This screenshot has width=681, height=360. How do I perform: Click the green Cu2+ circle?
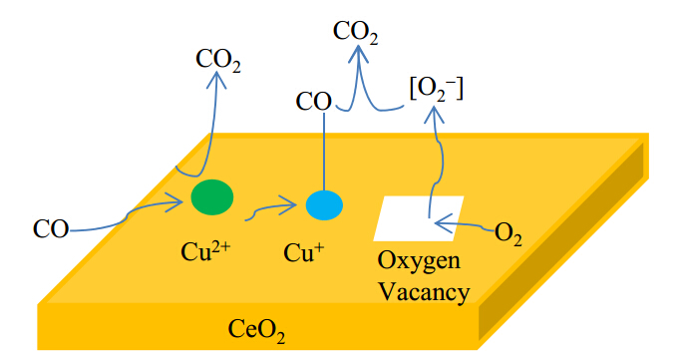(212, 197)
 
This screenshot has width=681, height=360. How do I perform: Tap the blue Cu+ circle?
(324, 205)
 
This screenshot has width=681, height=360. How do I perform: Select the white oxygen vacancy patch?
(419, 218)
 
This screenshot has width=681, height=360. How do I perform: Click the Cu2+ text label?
(205, 250)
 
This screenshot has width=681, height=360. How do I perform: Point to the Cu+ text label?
(303, 252)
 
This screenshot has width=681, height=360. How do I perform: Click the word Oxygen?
(419, 262)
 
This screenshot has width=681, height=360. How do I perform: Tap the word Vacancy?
(425, 291)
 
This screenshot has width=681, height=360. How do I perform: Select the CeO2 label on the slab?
(256, 330)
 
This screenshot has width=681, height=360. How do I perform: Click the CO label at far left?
(51, 228)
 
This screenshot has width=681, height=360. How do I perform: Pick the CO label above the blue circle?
(313, 102)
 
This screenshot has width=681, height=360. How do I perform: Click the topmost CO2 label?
(355, 33)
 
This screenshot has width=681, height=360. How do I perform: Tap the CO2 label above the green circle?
(218, 60)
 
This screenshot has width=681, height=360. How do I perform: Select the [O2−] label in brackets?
(437, 90)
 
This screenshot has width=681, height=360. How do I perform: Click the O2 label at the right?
(509, 234)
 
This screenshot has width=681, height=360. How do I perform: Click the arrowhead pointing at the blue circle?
(290, 204)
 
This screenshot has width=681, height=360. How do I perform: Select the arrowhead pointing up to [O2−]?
(434, 114)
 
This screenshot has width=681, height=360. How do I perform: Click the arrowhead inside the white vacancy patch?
(443, 223)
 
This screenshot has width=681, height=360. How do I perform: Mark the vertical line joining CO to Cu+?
(324, 152)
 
